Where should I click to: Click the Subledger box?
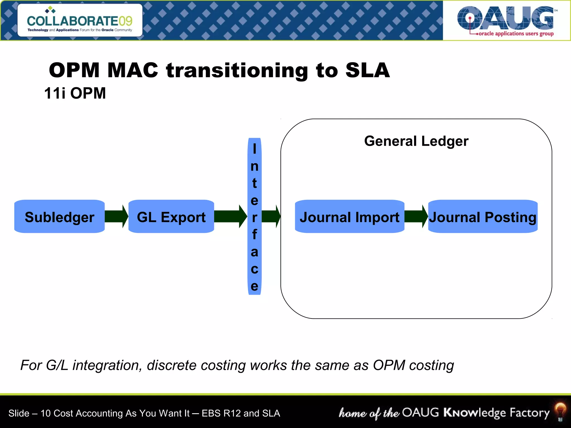pos(59,217)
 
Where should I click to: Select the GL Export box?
pos(171,217)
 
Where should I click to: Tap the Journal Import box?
pos(349,217)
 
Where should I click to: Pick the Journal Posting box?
pos(483,217)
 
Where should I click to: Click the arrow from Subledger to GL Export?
pos(117,217)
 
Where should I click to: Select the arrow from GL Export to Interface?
pos(231,217)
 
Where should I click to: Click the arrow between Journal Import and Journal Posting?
pos(416,217)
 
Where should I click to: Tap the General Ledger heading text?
pos(416,141)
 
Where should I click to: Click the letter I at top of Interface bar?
pos(254,149)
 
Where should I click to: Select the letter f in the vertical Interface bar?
pos(254,234)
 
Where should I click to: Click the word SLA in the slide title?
pos(367,70)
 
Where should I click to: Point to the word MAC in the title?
pos(133,70)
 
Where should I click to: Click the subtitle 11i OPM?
pos(75,93)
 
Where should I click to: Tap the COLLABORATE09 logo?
pos(80,21)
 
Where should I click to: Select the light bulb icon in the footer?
pos(560,412)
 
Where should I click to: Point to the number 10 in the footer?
pos(45,413)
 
